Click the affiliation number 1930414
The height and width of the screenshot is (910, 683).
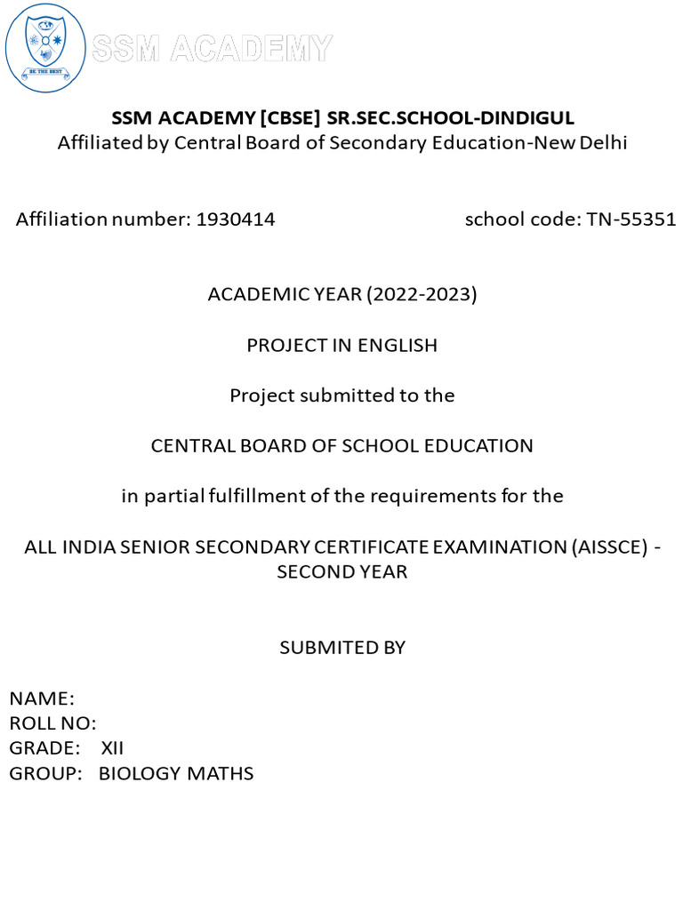point(234,220)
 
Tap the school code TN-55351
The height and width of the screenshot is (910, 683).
point(631,220)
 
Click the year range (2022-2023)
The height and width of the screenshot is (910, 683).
point(422,295)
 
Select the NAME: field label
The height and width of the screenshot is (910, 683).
point(42,698)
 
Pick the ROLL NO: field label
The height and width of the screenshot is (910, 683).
point(52,723)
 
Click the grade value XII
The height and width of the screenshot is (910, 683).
point(112,748)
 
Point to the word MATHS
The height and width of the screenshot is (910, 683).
point(220,773)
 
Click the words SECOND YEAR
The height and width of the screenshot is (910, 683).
point(341,571)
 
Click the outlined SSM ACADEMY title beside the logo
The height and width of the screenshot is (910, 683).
point(212,48)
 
